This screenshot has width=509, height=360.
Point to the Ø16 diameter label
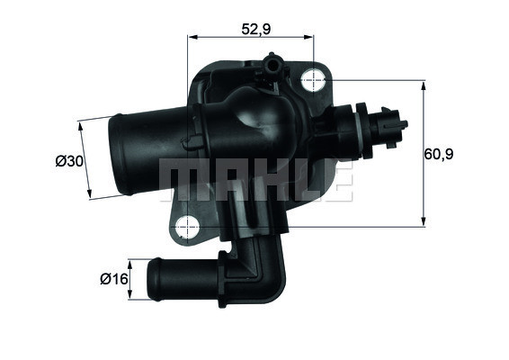pos(112,280)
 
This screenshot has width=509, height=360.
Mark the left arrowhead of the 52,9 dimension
pos(192,38)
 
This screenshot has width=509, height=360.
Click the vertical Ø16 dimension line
pos(130,279)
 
